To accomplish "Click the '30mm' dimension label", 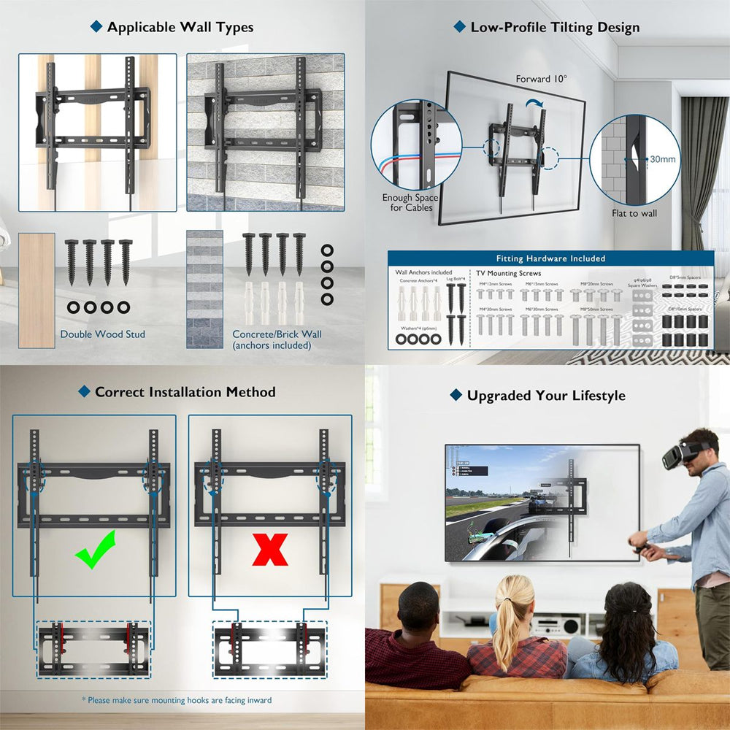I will (x=663, y=159).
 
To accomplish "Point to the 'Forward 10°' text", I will (x=542, y=79).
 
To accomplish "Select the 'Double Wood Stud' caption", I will (x=102, y=334).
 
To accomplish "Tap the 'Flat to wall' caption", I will (x=634, y=213).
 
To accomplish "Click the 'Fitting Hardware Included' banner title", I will (x=550, y=258).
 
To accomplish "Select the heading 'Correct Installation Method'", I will (x=185, y=392).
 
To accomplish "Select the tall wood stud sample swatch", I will (x=36, y=290).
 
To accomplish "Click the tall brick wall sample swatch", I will (x=204, y=289).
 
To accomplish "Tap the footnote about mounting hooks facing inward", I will (x=177, y=700).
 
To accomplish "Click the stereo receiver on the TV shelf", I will (x=554, y=625).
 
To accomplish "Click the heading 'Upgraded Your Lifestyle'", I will (x=546, y=396).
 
